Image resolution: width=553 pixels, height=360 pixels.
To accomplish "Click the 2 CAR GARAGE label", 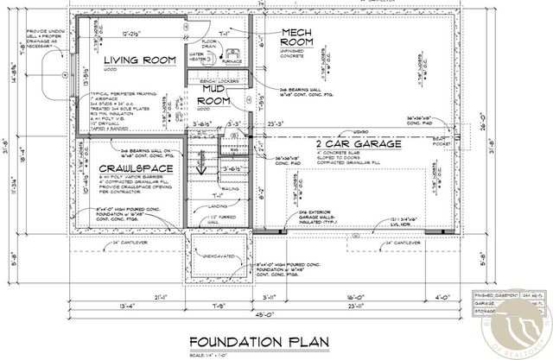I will (x=358, y=144).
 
